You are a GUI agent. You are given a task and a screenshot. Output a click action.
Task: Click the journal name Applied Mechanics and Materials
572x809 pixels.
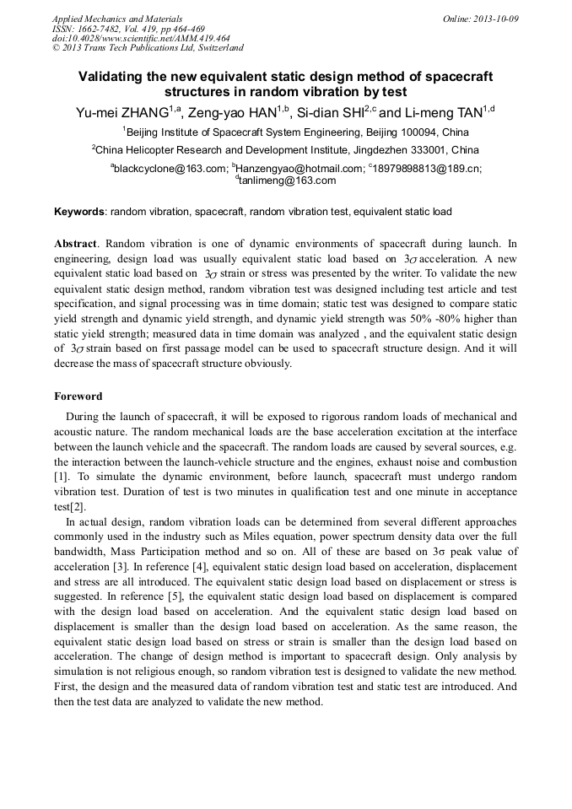[117, 19]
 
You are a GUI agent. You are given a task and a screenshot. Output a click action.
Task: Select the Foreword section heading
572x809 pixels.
[78, 396]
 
